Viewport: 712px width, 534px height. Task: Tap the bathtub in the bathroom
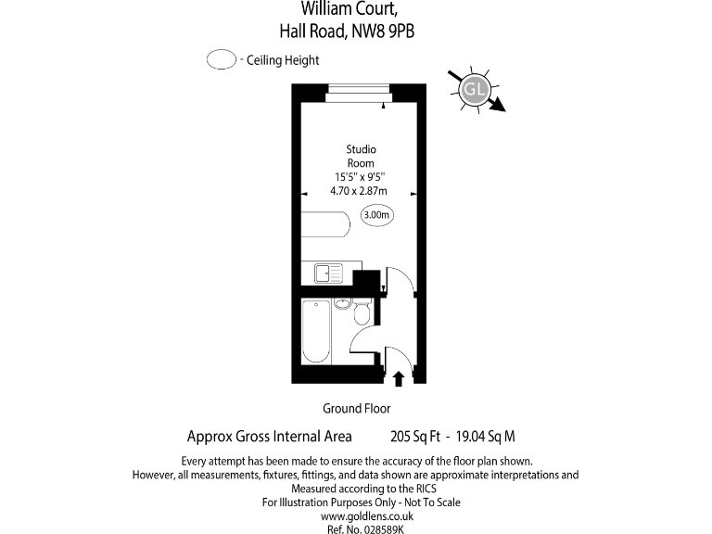(315, 332)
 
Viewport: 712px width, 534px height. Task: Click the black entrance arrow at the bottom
(399, 377)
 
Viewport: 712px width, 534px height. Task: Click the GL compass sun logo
(475, 89)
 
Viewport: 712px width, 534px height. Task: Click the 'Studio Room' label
(361, 156)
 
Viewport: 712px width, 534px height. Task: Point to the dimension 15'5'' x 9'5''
(360, 177)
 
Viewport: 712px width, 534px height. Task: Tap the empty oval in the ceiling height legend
(221, 60)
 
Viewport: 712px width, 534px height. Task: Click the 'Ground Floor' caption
(356, 408)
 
